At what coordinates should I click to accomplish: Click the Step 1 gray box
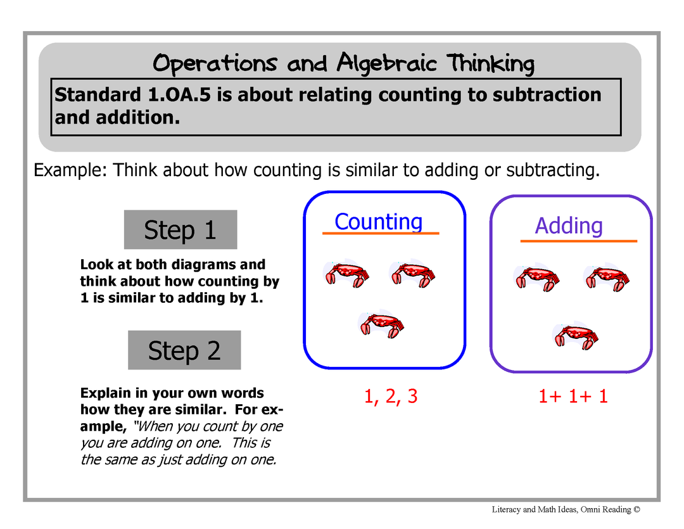coord(180,229)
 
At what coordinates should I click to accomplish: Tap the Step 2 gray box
coord(184,350)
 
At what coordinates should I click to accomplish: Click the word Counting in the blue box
coord(379,222)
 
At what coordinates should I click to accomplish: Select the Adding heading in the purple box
coord(569,226)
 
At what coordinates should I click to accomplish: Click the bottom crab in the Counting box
coord(381,325)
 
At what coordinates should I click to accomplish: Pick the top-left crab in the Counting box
coord(346,274)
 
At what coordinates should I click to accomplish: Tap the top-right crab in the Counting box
coord(412,274)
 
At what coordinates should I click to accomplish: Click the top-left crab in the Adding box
coord(537,279)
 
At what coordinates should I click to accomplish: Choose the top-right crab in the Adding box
coord(606,279)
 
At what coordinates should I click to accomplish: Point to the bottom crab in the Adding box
coord(575,336)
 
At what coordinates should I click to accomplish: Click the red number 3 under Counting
coord(413,397)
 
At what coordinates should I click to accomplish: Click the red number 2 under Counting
coord(391,397)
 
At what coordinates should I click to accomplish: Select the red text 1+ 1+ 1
coord(573,397)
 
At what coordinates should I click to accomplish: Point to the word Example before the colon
coord(68,170)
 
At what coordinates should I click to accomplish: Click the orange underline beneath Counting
coord(381,234)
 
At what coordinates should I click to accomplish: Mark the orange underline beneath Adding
coord(579,241)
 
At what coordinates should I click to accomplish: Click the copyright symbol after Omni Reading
coord(637,509)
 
